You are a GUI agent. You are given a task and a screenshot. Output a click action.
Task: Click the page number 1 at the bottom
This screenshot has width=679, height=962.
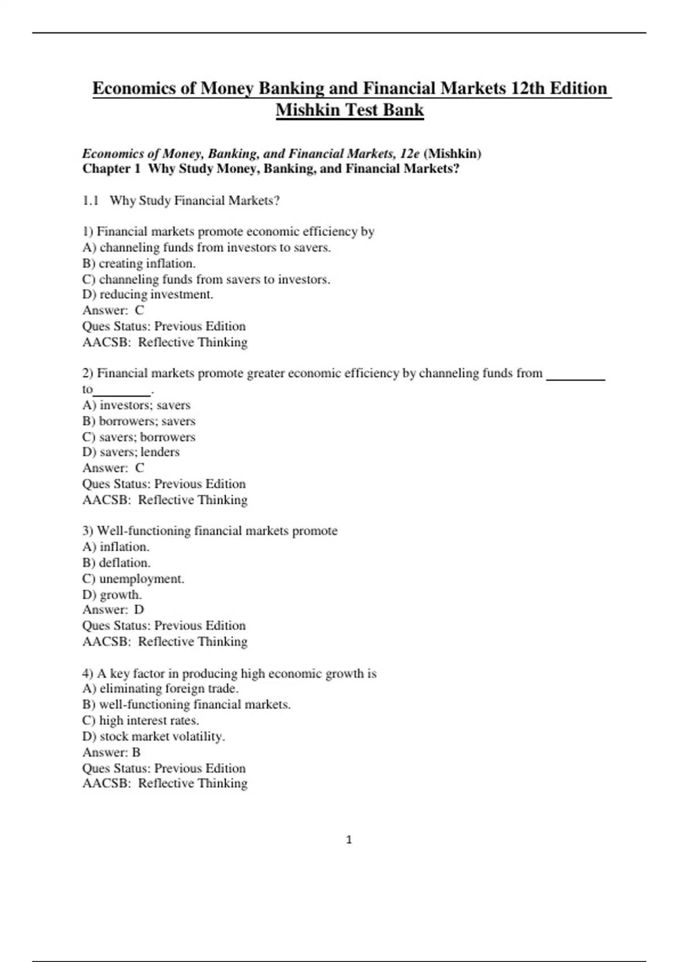pyautogui.click(x=349, y=840)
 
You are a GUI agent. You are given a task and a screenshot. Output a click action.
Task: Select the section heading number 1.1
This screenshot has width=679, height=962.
pyautogui.click(x=91, y=201)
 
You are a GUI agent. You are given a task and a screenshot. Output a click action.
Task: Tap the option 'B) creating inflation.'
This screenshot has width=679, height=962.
pyautogui.click(x=139, y=263)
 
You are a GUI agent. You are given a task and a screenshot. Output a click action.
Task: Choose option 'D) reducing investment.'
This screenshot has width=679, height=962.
pyautogui.click(x=148, y=294)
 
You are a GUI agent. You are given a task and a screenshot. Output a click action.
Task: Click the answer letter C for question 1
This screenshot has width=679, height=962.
pyautogui.click(x=139, y=310)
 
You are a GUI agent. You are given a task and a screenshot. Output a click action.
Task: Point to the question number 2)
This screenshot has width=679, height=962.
pyautogui.click(x=88, y=373)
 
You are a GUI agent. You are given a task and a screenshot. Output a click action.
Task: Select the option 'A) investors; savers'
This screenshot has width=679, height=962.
pyautogui.click(x=136, y=405)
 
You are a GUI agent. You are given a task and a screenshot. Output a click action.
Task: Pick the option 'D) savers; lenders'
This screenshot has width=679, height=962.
pyautogui.click(x=131, y=452)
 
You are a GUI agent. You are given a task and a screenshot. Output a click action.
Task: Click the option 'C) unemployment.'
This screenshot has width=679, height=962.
pyautogui.click(x=133, y=579)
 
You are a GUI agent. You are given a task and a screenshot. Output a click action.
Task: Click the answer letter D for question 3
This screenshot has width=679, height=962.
pyautogui.click(x=139, y=609)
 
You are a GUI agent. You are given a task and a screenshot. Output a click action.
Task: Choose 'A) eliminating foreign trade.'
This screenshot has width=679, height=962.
pyautogui.click(x=160, y=689)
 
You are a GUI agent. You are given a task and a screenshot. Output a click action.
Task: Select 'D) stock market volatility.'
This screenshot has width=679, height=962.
pyautogui.click(x=153, y=736)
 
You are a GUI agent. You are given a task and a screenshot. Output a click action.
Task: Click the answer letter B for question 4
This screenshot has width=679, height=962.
pyautogui.click(x=136, y=752)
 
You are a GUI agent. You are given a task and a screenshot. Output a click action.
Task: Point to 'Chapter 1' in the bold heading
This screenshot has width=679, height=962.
pyautogui.click(x=111, y=169)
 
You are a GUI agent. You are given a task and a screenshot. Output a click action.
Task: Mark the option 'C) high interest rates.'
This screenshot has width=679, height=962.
pyautogui.click(x=140, y=720)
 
